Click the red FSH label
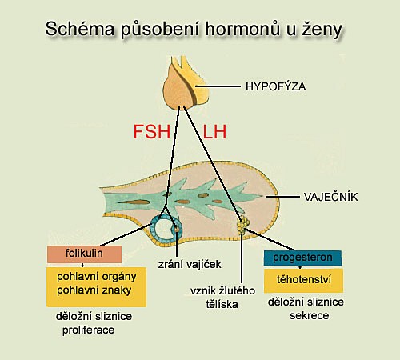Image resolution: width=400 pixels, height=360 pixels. pyautogui.click(x=152, y=132)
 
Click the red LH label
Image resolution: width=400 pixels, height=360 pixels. pyautogui.click(x=214, y=132)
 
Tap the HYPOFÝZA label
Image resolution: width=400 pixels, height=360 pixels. pyautogui.click(x=275, y=86)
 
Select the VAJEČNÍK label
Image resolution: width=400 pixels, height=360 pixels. pyautogui.click(x=330, y=197)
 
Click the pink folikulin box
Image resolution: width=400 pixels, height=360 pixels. pyautogui.click(x=84, y=254)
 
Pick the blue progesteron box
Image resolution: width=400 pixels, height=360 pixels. pyautogui.click(x=302, y=258)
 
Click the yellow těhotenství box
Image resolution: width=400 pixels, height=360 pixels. pyautogui.click(x=304, y=280)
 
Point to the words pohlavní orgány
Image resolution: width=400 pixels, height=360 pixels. pyautogui.click(x=97, y=277)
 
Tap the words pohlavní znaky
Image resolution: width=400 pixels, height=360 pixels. pyautogui.click(x=94, y=290)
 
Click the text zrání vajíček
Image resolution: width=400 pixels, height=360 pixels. pyautogui.click(x=190, y=264)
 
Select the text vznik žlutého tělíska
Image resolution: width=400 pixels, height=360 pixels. pyautogui.click(x=222, y=298)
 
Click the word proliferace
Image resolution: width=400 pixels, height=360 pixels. pyautogui.click(x=88, y=330)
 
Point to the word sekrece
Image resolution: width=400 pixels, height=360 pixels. pyautogui.click(x=310, y=315)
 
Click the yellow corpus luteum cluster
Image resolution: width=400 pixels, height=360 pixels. pyautogui.click(x=243, y=225)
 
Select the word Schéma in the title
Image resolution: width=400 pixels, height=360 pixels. pyautogui.click(x=80, y=29)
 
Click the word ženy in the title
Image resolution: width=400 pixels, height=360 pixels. pyautogui.click(x=322, y=30)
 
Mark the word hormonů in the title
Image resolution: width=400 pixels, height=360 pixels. pyautogui.click(x=242, y=28)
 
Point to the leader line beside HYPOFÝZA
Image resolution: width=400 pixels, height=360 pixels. pyautogui.click(x=218, y=86)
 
